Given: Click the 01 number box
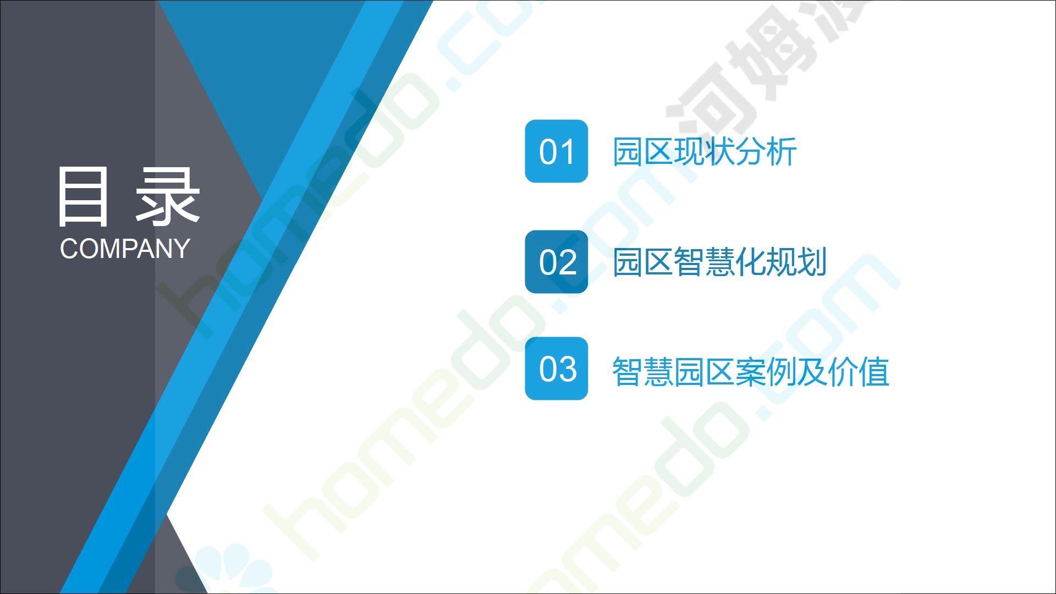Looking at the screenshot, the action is [x=556, y=151].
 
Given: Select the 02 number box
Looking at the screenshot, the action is [x=556, y=262].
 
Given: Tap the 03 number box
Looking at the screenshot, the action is [x=556, y=369].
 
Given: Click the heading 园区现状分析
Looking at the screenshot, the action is [x=705, y=151].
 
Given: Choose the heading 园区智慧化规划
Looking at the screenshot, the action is [x=720, y=262].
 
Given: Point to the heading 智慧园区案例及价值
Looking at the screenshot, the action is [x=751, y=371].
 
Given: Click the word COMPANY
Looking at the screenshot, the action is [x=125, y=249].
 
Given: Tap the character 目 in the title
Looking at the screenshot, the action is [x=82, y=197].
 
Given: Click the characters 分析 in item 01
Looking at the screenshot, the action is [x=766, y=151].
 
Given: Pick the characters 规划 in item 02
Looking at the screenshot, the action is [x=797, y=262].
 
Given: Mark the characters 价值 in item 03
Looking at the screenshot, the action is [x=859, y=371].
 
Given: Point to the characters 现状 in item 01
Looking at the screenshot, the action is [x=705, y=151].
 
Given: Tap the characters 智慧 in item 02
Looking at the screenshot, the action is [x=705, y=262].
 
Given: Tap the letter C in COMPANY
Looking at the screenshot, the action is [x=69, y=249].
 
